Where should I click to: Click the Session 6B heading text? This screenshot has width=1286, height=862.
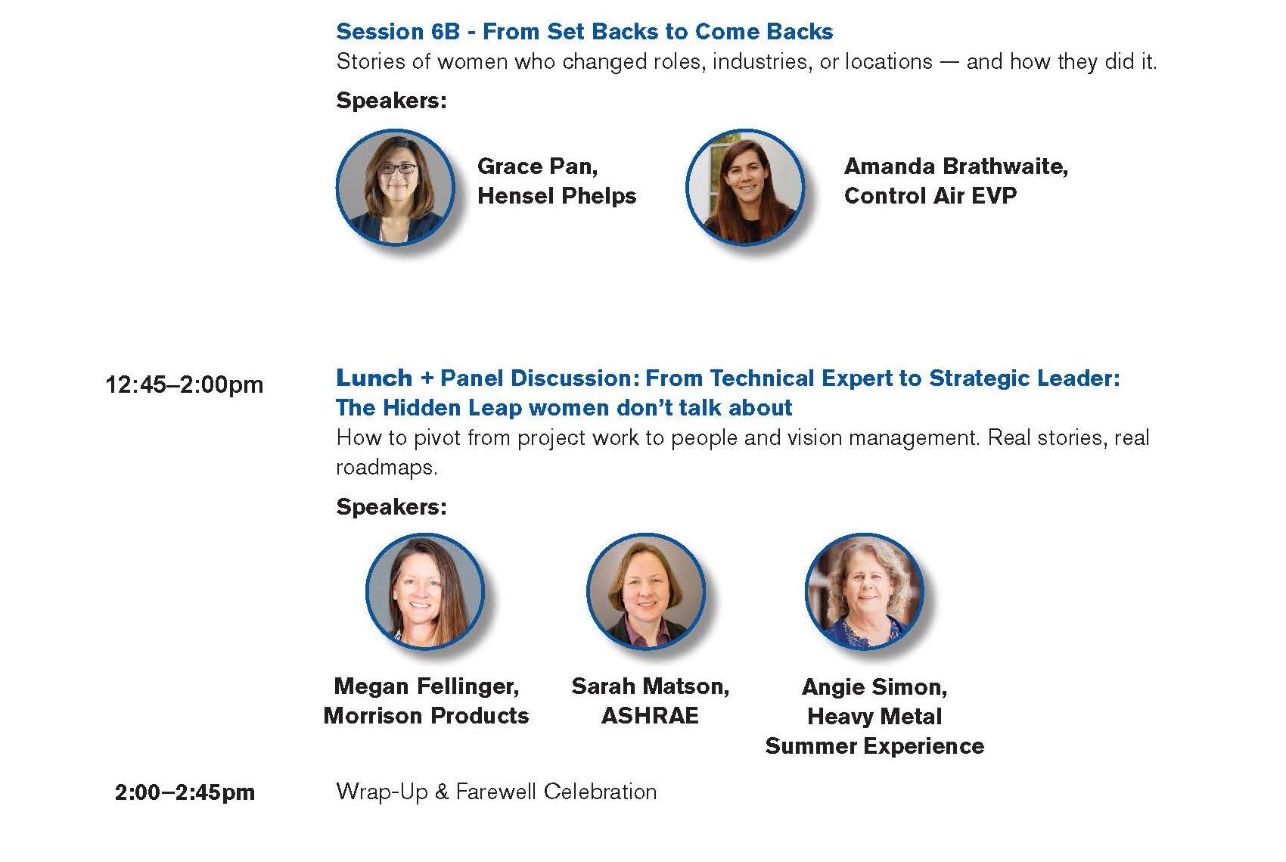585,32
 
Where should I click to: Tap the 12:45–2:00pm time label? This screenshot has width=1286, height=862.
185,384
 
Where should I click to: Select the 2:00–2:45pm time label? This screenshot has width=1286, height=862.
185,792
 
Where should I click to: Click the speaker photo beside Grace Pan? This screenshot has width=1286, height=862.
396,188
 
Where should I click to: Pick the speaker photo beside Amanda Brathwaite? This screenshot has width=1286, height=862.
745,188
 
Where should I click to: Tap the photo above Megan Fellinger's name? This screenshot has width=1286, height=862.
425,591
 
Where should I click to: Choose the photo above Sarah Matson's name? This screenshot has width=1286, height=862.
646,591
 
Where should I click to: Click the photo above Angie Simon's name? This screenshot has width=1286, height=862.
865,591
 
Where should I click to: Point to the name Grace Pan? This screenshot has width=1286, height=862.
537,166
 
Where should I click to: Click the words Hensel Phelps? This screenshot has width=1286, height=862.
557,196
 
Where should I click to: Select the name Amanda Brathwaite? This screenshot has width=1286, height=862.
956,166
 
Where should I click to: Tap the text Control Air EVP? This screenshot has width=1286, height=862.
930,196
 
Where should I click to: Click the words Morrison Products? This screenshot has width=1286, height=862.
426,715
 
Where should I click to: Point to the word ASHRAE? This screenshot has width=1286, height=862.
650,715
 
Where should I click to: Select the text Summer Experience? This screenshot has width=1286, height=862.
874,746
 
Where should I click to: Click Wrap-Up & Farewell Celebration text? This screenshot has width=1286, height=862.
496,792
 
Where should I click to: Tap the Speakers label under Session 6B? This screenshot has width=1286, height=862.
392,101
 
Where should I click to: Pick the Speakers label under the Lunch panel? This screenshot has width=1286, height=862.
392,506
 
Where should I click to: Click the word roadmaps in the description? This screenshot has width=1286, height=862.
387,468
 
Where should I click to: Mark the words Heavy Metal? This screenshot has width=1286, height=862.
874,717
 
